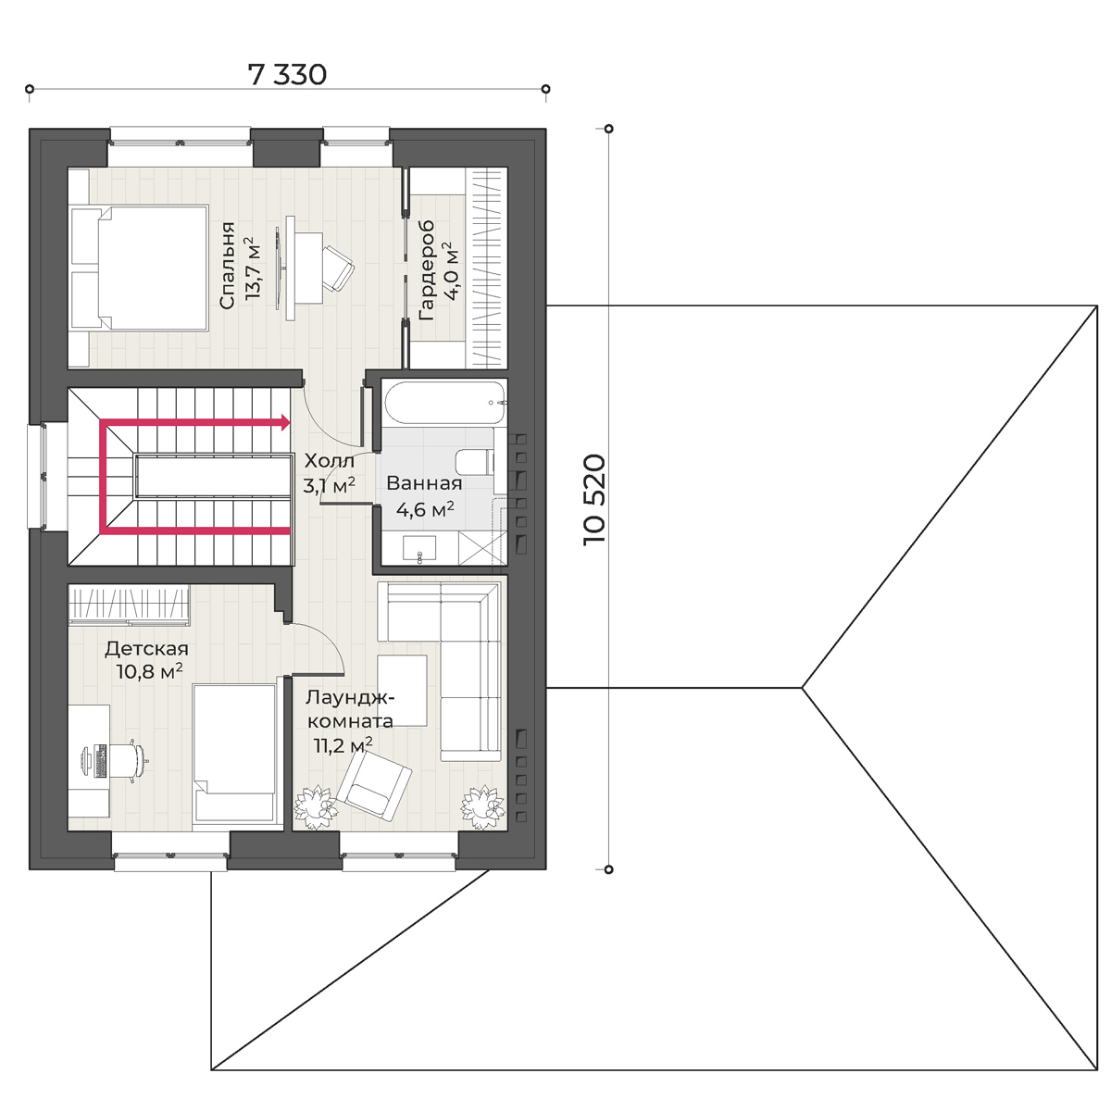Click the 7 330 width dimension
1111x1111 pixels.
point(287,74)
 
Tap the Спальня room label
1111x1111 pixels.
point(228,265)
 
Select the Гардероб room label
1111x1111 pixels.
point(427,270)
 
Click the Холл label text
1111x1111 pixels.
point(330,461)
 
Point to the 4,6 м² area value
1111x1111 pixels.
point(425,509)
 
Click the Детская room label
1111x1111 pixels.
point(146,649)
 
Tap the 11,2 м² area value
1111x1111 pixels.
point(343,745)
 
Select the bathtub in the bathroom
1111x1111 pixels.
point(444,403)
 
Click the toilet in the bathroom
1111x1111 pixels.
point(475,462)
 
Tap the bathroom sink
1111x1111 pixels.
point(419,548)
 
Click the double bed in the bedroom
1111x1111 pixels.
point(139,268)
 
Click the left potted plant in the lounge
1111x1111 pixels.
point(315,807)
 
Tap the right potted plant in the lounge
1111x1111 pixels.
point(483,807)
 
